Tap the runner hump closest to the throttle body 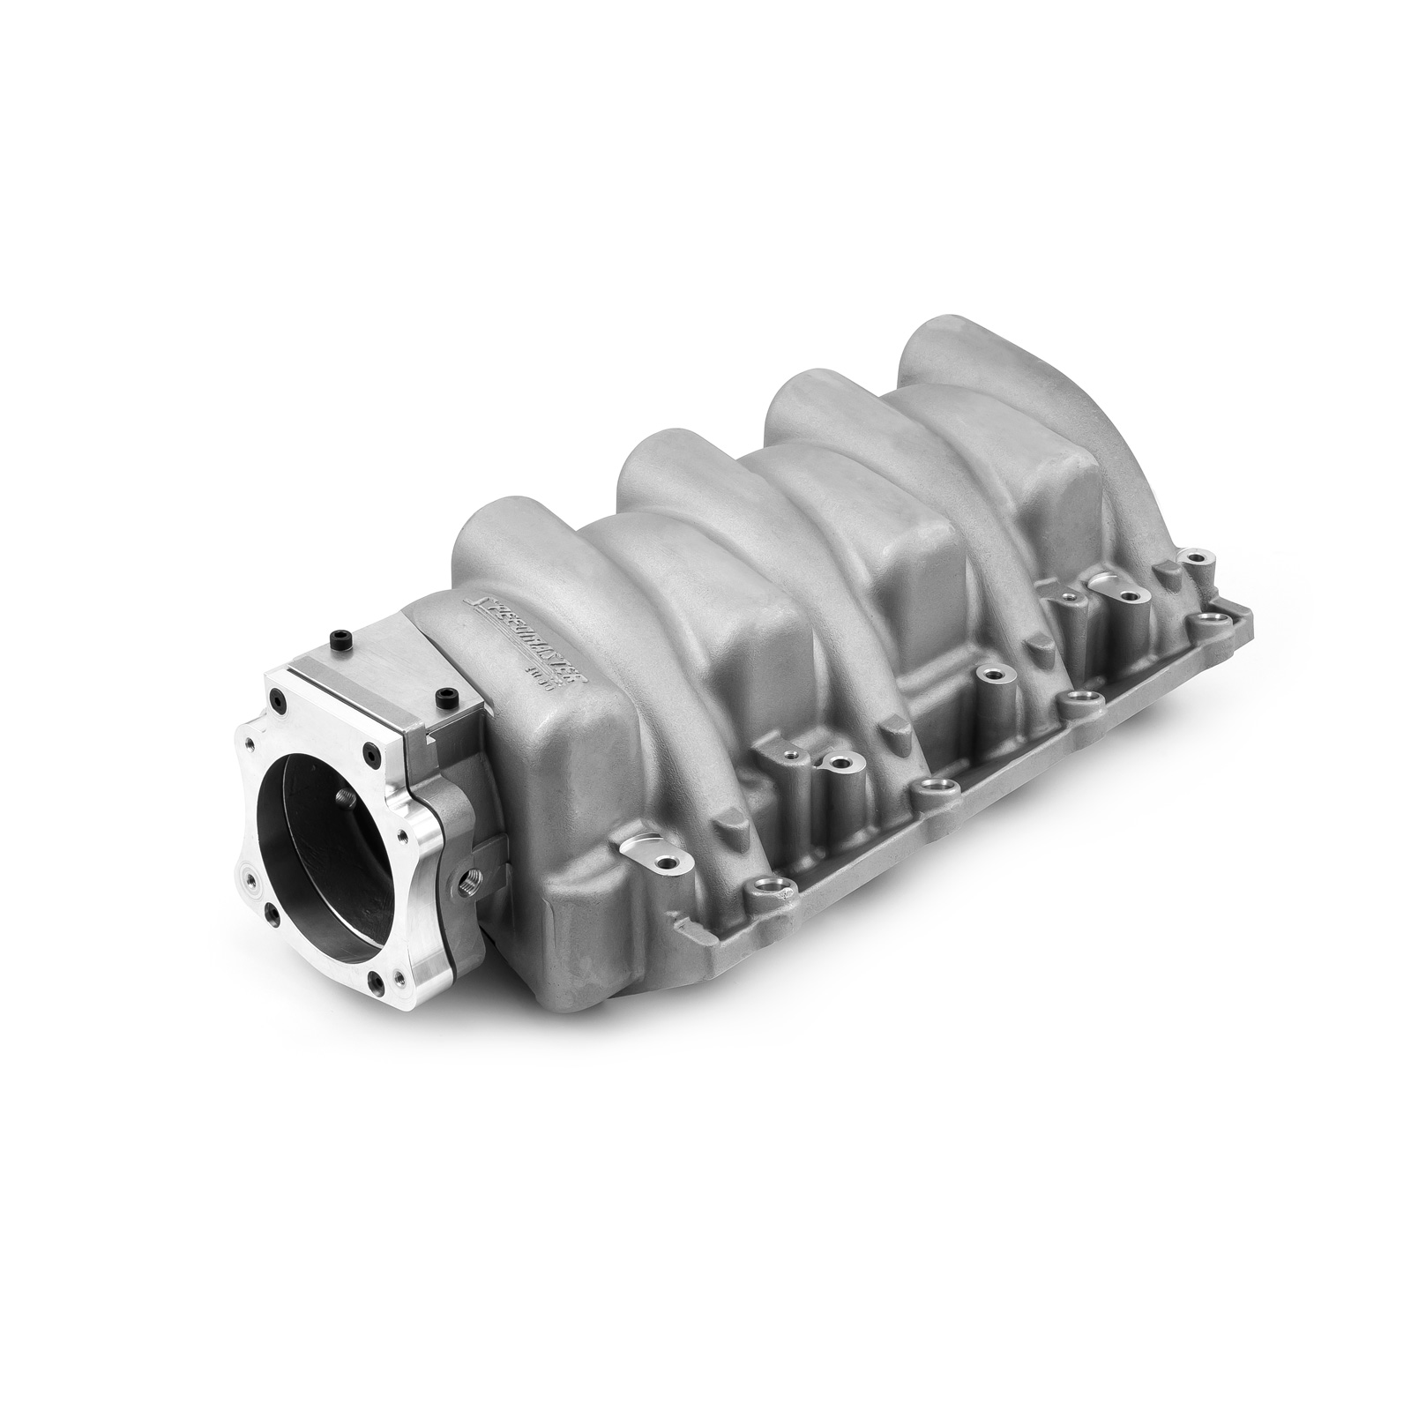coord(494,529)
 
